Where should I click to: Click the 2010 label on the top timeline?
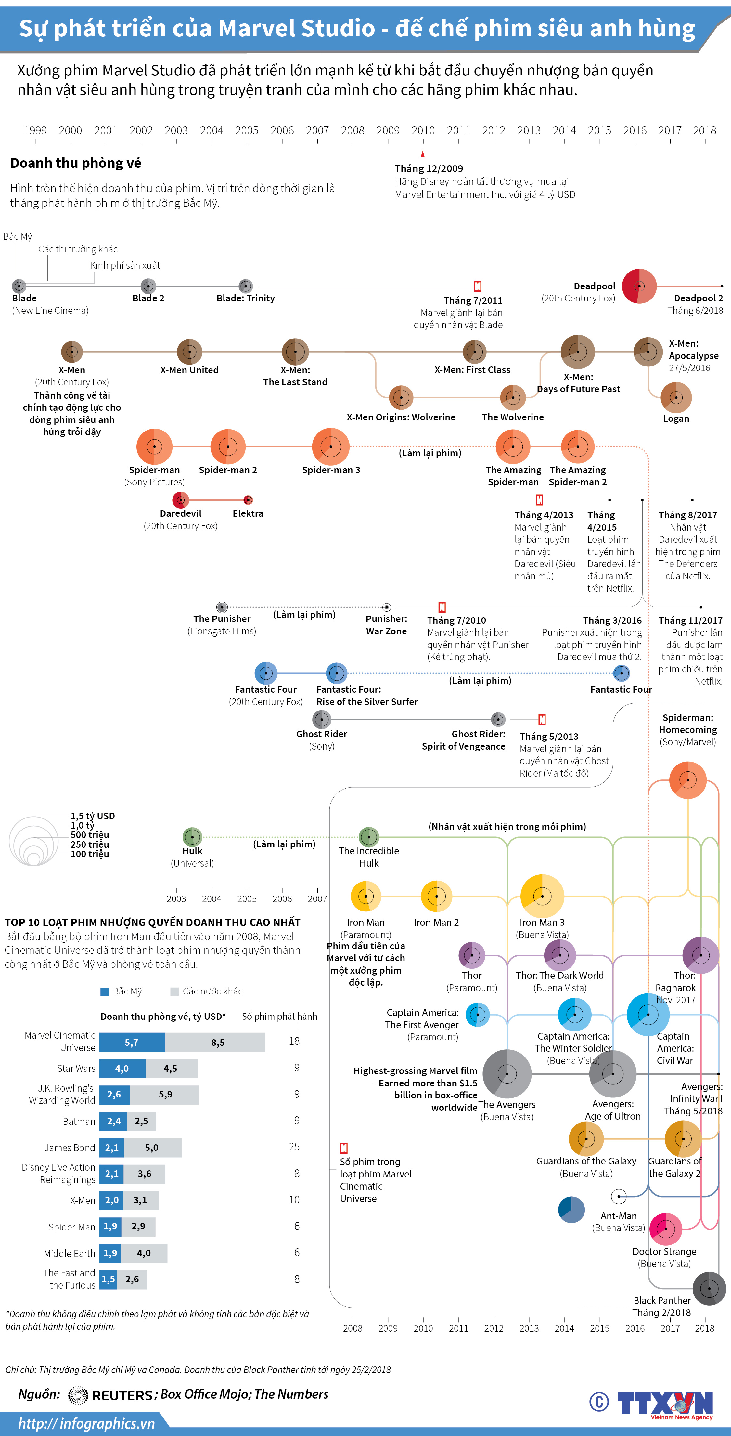click(423, 130)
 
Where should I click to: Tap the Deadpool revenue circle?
click(639, 286)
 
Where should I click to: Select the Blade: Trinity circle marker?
click(246, 286)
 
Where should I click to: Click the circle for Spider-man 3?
click(331, 446)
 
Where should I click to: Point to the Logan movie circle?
click(676, 397)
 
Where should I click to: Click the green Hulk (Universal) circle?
click(192, 837)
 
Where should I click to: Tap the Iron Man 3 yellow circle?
click(542, 896)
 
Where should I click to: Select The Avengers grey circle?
click(507, 1074)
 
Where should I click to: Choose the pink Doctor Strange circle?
click(665, 1229)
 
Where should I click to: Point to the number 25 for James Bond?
click(294, 1147)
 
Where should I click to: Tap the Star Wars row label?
click(76, 1068)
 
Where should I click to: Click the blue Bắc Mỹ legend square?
click(104, 991)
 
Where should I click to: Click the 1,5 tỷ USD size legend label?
click(93, 816)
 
